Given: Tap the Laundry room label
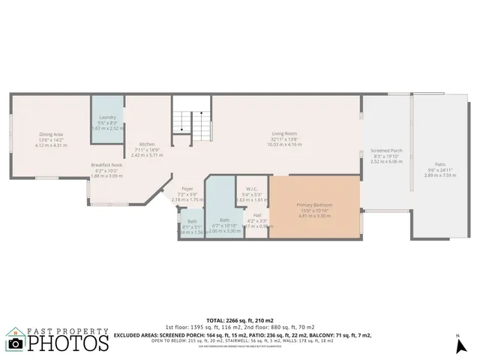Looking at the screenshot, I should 106,117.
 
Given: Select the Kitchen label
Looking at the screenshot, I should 147,144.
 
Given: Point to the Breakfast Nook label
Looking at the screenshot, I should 106,165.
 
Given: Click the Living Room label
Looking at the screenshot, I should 284,133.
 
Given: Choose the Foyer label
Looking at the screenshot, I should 187,189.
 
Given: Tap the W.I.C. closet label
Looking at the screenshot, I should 252,189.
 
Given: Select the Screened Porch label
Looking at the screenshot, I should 386,150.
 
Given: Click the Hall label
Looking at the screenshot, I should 256,215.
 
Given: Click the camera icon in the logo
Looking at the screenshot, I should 16,344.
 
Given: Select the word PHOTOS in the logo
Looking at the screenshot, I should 68,343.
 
